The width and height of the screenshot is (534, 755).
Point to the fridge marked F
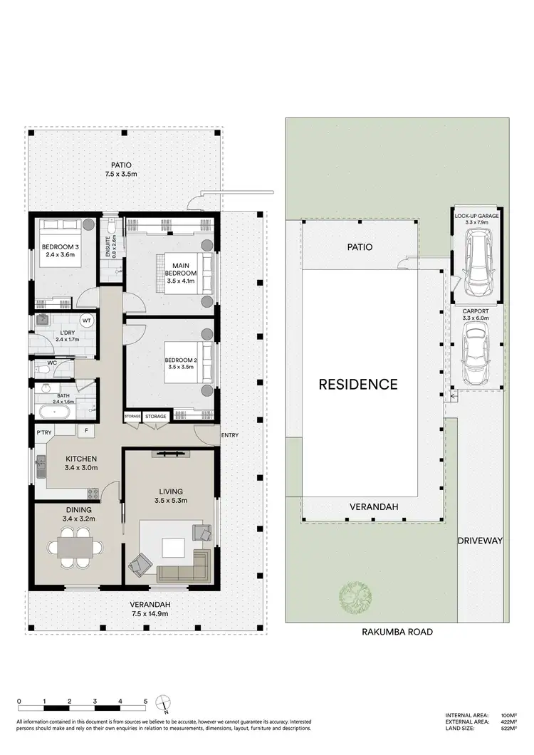pos(87,431)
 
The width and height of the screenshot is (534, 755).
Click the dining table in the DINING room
pos(70,548)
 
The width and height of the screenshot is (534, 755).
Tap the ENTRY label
pos(230,435)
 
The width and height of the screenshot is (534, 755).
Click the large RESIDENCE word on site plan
pos(357,385)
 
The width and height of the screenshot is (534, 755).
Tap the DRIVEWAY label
pos(480,541)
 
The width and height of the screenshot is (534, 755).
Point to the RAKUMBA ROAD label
pos(397,631)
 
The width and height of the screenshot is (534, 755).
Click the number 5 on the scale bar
pos(146,702)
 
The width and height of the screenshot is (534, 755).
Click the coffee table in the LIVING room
pos(172,548)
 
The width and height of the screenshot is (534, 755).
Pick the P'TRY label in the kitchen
pos(43,432)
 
